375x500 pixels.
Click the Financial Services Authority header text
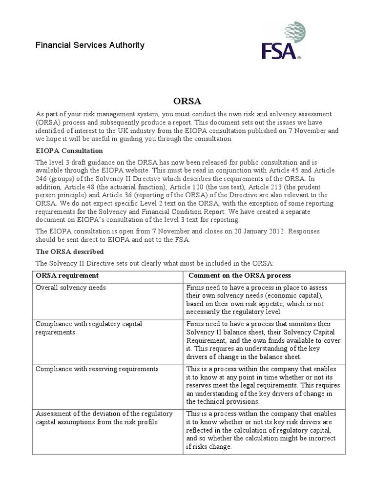90,45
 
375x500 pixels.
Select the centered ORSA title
187,102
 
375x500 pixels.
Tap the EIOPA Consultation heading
69,150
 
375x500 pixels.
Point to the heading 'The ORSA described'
69,251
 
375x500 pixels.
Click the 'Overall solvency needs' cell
71,288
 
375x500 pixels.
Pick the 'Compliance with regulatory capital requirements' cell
88,328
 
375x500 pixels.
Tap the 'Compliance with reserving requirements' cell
97,369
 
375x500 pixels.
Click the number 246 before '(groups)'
42,179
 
